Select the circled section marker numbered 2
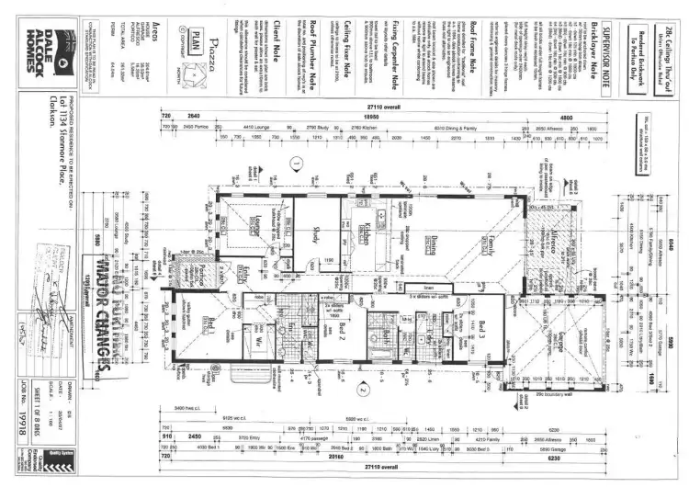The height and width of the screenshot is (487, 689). pyautogui.click(x=363, y=389)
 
